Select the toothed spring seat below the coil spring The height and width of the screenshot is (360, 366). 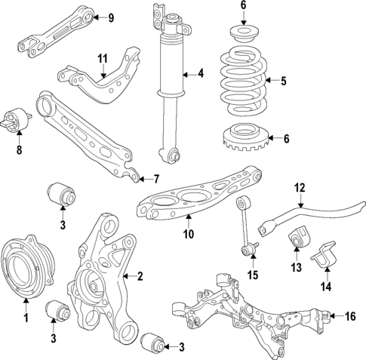tap(244, 137)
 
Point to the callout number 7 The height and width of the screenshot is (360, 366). tap(156, 179)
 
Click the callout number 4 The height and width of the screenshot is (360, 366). tap(200, 73)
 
